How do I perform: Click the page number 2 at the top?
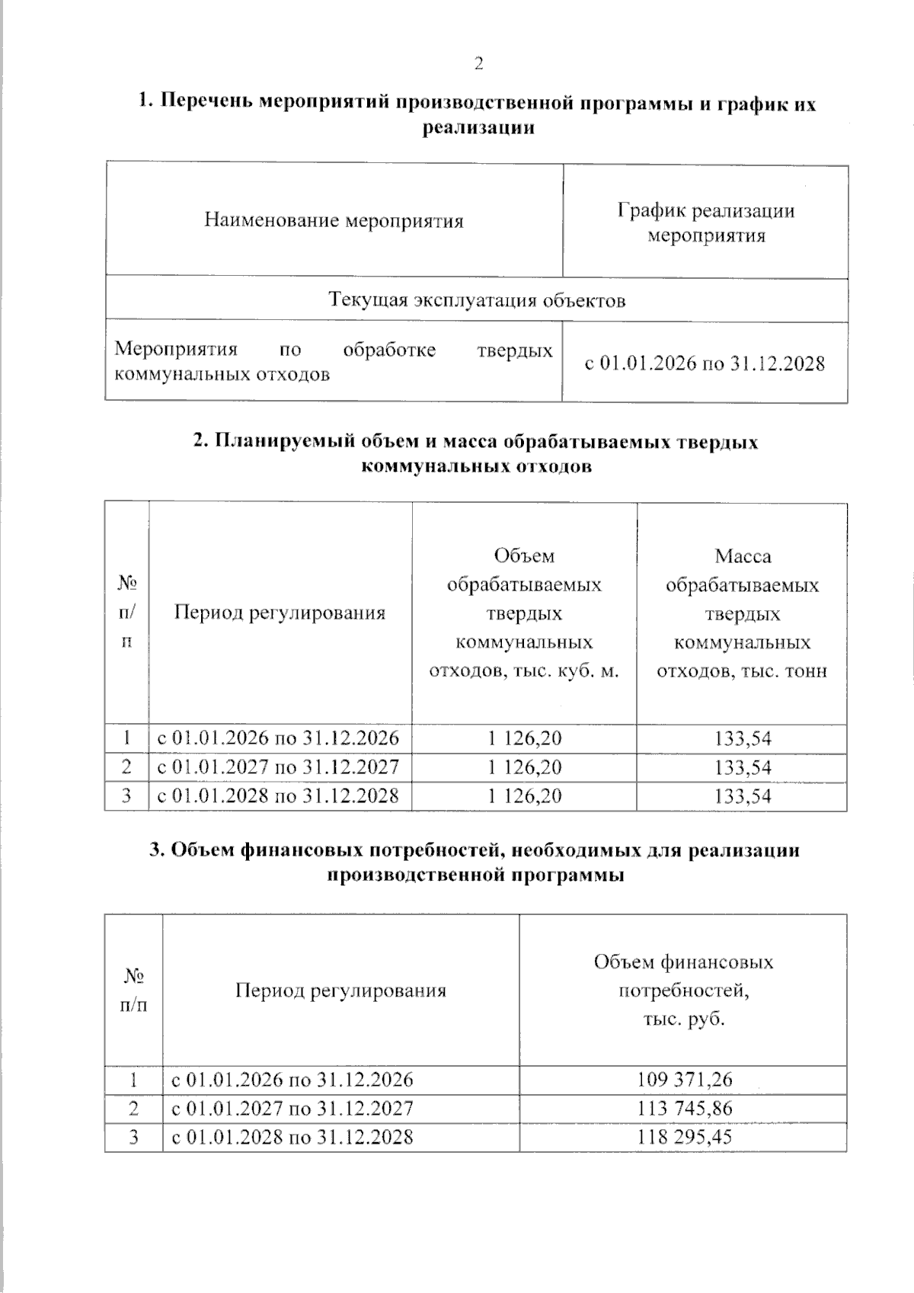(478, 64)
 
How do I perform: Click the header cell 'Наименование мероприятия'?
(334, 221)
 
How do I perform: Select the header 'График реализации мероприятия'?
(705, 222)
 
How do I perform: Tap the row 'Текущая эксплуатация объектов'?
(477, 300)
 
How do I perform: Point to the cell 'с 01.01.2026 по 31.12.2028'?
(705, 363)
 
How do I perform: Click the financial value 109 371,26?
(684, 1080)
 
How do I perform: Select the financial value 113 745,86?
(684, 1109)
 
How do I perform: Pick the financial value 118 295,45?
(684, 1138)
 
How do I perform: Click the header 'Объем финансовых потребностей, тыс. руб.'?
(683, 990)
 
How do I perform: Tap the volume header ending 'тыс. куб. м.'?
(524, 613)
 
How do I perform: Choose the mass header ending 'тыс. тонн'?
(742, 613)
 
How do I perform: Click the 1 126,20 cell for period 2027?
(524, 767)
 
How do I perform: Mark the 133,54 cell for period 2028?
(743, 796)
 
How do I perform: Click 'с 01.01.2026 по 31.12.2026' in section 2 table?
(278, 738)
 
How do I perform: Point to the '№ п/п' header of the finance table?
(134, 990)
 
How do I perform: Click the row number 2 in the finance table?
(134, 1109)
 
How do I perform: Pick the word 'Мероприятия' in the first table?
(176, 350)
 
